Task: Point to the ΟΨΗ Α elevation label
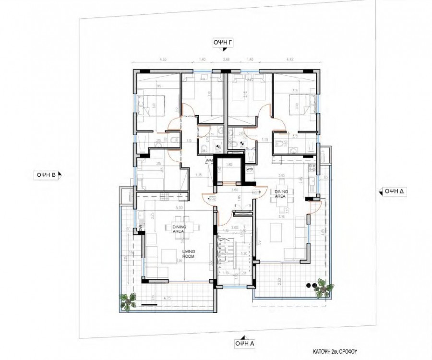coord(245,343)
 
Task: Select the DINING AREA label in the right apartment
coord(281,193)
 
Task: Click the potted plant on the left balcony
coord(127,302)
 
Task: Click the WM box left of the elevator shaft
coord(209,160)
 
